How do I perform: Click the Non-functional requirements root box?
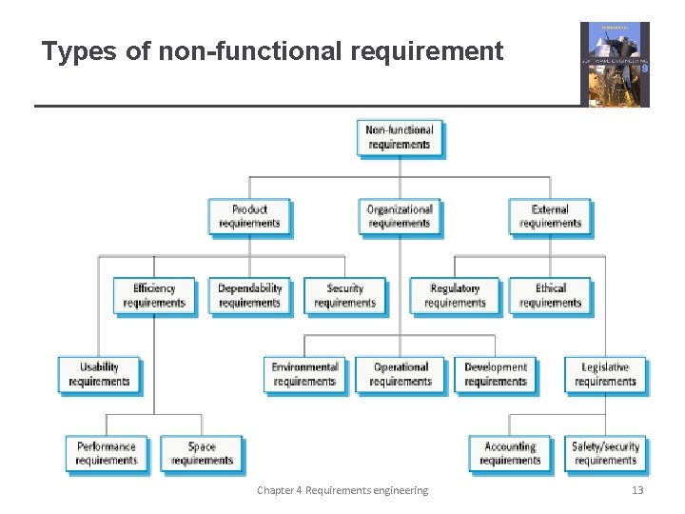400,137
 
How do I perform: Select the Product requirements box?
249,216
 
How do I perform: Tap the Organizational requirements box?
400,216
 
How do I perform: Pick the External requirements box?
550,216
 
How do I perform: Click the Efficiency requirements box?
154,295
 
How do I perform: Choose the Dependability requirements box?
249,295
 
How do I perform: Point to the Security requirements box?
344,295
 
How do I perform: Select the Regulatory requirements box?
455,295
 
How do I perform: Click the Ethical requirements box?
550,295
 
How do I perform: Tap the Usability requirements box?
99,374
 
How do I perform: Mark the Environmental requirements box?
304,374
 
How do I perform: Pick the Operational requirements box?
401,374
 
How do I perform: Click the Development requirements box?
496,374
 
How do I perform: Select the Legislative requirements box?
605,374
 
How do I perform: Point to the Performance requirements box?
107,453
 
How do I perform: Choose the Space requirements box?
202,453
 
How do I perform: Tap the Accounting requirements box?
510,453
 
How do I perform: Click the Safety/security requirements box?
605,453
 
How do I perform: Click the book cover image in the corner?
615,64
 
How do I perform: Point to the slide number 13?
637,490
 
